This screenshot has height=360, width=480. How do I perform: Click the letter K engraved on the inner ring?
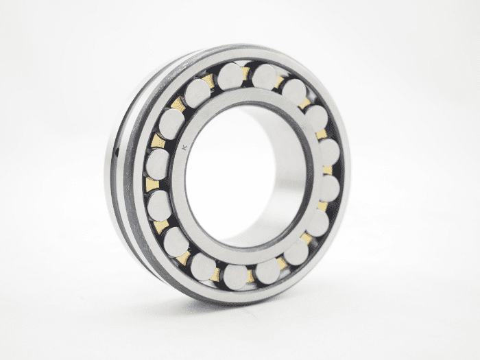[184, 147]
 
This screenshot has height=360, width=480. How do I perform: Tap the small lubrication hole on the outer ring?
[118, 150]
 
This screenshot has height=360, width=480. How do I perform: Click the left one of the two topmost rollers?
[230, 77]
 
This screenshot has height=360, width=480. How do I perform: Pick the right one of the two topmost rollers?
[265, 77]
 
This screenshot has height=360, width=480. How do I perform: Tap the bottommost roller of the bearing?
[235, 277]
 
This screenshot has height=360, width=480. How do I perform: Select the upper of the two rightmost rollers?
[329, 152]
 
